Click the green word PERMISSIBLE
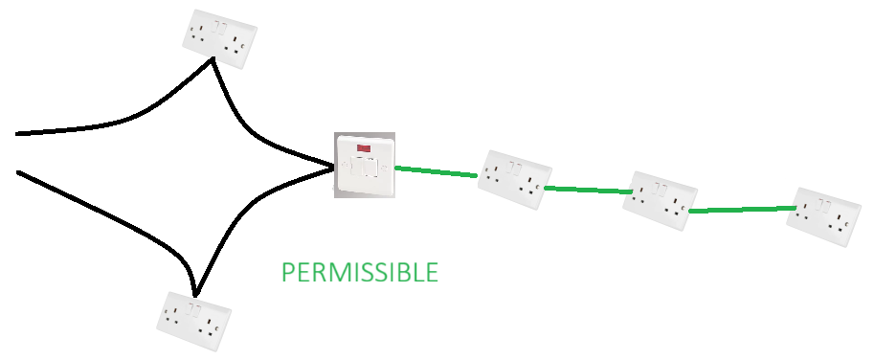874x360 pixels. click(x=360, y=272)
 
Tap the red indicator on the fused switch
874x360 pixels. click(x=364, y=149)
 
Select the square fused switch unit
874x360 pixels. click(x=364, y=166)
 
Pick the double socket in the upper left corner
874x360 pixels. click(x=219, y=41)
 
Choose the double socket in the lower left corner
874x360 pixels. click(x=194, y=321)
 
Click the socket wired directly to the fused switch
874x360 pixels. click(x=515, y=180)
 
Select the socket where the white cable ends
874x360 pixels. click(x=660, y=200)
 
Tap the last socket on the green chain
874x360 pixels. click(x=823, y=216)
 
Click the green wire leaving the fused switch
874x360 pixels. click(x=436, y=172)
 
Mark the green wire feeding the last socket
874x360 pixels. click(x=742, y=209)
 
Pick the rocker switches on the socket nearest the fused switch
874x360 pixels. click(x=515, y=169)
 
